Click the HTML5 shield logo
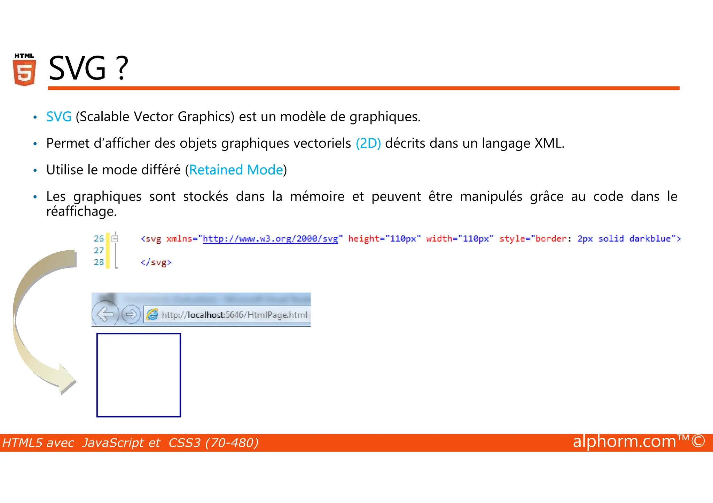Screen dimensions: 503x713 tap(24, 70)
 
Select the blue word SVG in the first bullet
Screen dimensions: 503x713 tap(59, 117)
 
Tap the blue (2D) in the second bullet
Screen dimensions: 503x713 tap(368, 143)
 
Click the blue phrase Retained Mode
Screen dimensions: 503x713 tap(236, 170)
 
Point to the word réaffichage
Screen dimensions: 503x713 tap(81, 211)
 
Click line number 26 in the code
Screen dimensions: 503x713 tap(99, 239)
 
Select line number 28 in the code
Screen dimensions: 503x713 tap(99, 262)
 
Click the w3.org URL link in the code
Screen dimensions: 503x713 tap(270, 239)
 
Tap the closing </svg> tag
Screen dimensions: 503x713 tap(156, 262)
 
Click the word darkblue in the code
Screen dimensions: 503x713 tap(650, 239)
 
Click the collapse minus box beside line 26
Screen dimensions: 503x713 tap(115, 239)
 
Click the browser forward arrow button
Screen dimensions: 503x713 tap(131, 315)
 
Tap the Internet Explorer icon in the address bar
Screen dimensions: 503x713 tap(152, 315)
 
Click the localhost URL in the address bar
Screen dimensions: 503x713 tap(235, 315)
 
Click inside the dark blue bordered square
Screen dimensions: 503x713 tap(139, 375)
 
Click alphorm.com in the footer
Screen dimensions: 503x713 tap(625, 441)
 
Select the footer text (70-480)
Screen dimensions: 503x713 tap(232, 443)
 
